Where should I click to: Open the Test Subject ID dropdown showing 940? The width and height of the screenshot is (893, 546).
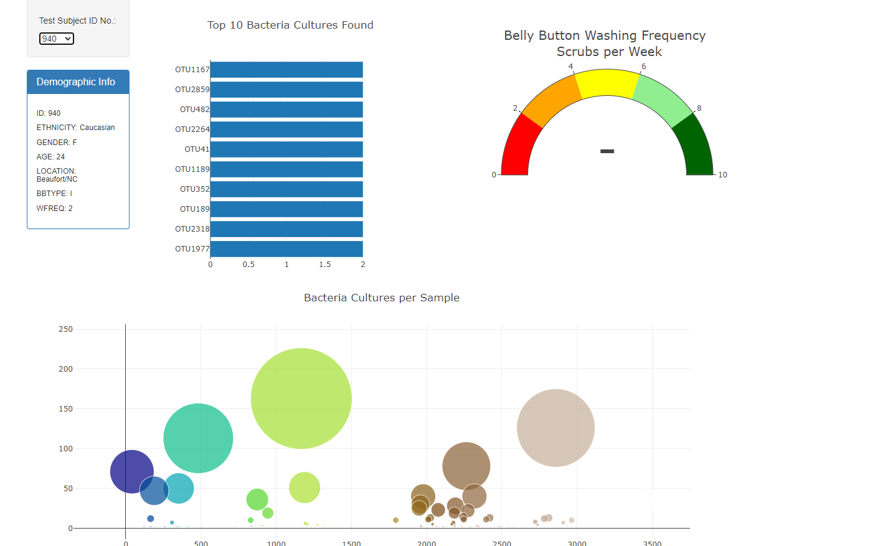(x=57, y=39)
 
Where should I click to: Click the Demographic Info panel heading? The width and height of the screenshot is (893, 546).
(x=76, y=82)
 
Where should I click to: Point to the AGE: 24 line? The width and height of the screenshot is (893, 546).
(x=50, y=157)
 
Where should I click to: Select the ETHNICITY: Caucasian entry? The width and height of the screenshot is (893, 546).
(x=75, y=128)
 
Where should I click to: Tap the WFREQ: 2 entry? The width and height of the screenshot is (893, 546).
(x=54, y=209)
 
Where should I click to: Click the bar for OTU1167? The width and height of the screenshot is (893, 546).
(x=286, y=70)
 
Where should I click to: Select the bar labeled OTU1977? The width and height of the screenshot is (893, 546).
(x=286, y=249)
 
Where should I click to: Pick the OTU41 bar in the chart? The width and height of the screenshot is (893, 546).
(x=286, y=149)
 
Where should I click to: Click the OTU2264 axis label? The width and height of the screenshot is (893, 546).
(x=192, y=129)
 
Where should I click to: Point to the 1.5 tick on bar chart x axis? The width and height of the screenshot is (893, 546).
(x=324, y=265)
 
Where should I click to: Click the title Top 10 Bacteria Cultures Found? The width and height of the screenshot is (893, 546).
(x=290, y=26)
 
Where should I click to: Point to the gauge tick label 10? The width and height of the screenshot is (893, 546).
(x=722, y=175)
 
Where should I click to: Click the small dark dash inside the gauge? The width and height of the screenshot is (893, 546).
(x=607, y=151)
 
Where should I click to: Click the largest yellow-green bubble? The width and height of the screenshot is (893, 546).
(x=301, y=398)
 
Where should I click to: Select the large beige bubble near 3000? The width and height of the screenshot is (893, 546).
(x=555, y=428)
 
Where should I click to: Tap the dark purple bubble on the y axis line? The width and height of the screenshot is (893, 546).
(x=131, y=471)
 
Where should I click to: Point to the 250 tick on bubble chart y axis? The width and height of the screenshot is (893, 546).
(x=65, y=329)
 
